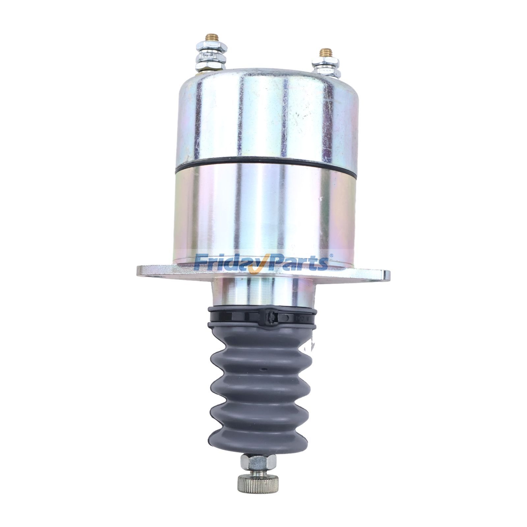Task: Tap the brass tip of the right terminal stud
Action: [326, 52]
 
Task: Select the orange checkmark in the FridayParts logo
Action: [254, 265]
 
